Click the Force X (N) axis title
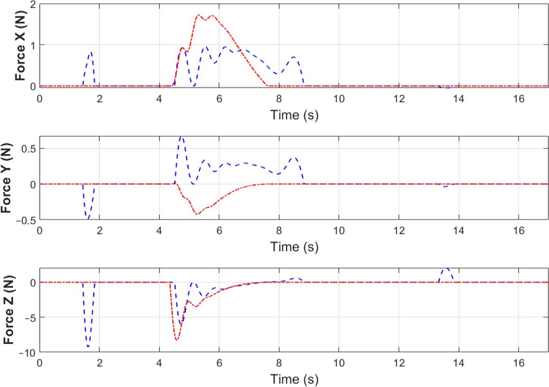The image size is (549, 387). [x=20, y=45]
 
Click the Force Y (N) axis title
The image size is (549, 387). [x=8, y=178]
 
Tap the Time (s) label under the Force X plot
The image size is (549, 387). [x=294, y=115]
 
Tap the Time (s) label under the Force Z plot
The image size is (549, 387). [x=294, y=379]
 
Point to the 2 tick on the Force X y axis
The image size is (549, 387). [x=32, y=4]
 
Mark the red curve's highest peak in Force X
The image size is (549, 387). [x=198, y=15]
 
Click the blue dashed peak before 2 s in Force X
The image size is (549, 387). [x=90, y=53]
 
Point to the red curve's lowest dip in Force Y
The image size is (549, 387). [x=197, y=214]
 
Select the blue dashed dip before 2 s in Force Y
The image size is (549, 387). [x=88, y=218]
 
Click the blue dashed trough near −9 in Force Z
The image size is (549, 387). [x=88, y=346]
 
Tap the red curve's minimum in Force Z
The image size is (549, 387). [x=177, y=340]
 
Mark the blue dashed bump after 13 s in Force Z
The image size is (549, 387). [x=446, y=268]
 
